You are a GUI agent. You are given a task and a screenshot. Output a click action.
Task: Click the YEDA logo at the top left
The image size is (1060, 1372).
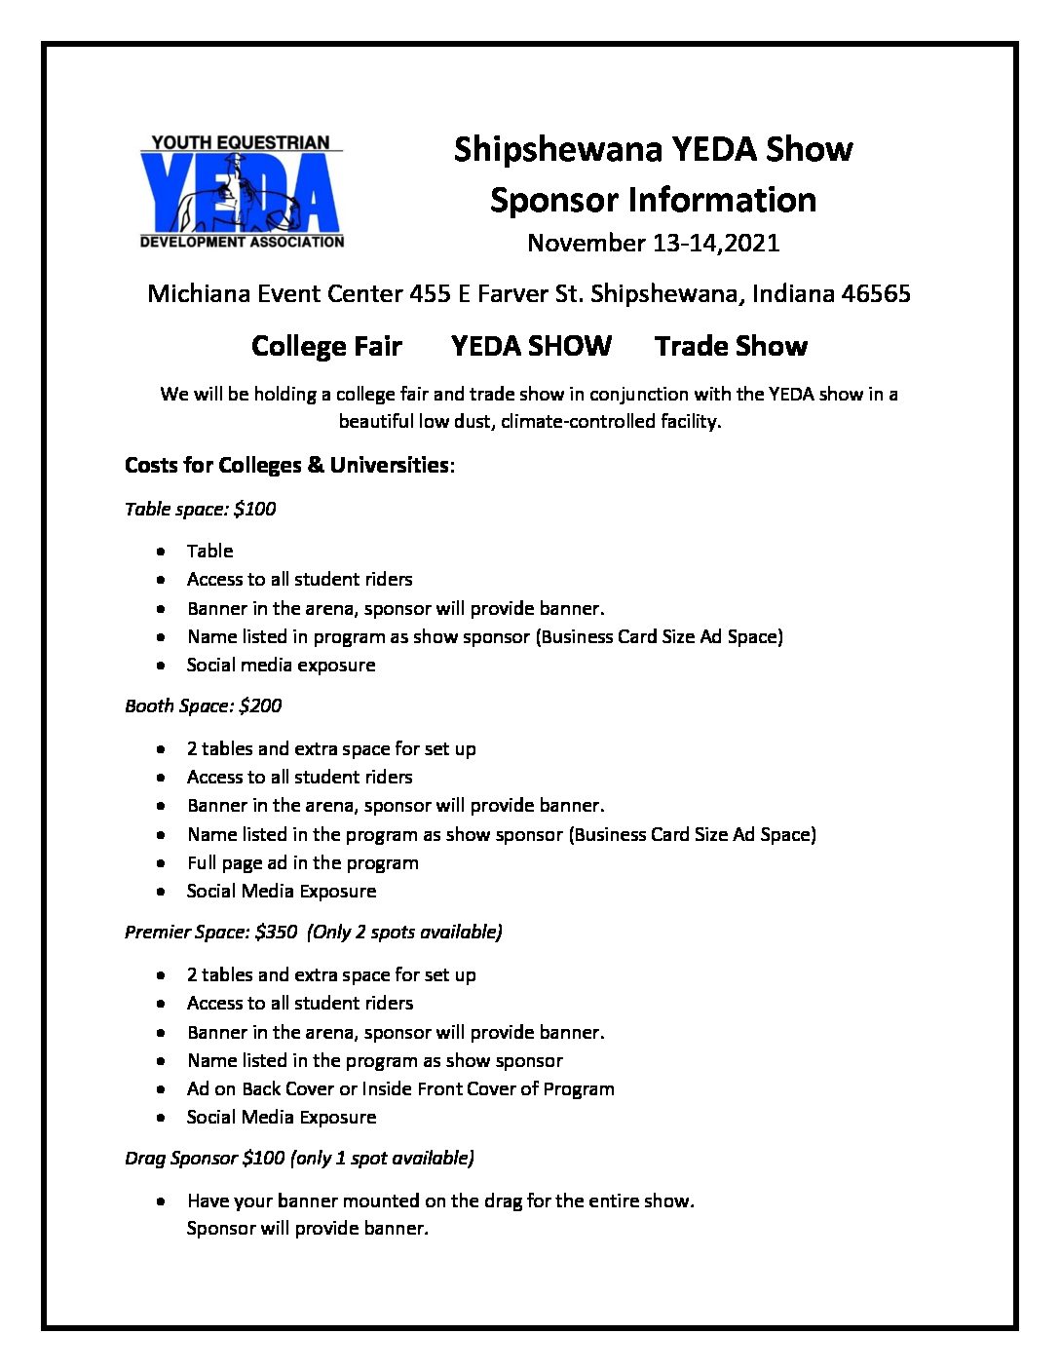point(242,192)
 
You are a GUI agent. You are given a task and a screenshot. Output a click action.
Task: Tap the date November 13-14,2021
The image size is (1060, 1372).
point(653,243)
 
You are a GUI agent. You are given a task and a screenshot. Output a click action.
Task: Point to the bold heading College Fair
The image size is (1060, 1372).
point(326,346)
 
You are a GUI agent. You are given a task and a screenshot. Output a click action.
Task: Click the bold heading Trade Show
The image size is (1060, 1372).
point(731,346)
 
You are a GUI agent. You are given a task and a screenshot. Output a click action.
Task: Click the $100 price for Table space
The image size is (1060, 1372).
point(255,509)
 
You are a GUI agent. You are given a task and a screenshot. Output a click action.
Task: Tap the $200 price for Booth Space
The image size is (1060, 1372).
point(260,705)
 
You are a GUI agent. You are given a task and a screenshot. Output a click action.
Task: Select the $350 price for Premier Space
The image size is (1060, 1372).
point(276,932)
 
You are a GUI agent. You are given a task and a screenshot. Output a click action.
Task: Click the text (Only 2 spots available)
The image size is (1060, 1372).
point(404,932)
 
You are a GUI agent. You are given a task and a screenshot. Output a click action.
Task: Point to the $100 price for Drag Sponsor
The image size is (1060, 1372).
point(263,1158)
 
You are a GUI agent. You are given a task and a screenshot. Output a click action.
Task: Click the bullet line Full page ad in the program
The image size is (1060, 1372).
point(302,862)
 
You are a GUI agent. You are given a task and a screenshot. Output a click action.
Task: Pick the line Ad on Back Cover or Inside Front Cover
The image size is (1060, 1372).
point(399,1088)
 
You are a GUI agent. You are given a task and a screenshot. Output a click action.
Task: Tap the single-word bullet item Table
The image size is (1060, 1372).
point(209,551)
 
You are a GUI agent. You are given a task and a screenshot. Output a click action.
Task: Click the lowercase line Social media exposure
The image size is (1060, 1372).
point(281,665)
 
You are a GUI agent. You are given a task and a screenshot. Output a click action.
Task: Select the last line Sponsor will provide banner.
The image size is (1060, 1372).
point(307,1228)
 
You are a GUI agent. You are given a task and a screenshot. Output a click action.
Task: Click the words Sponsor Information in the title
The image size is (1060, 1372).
point(653,200)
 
